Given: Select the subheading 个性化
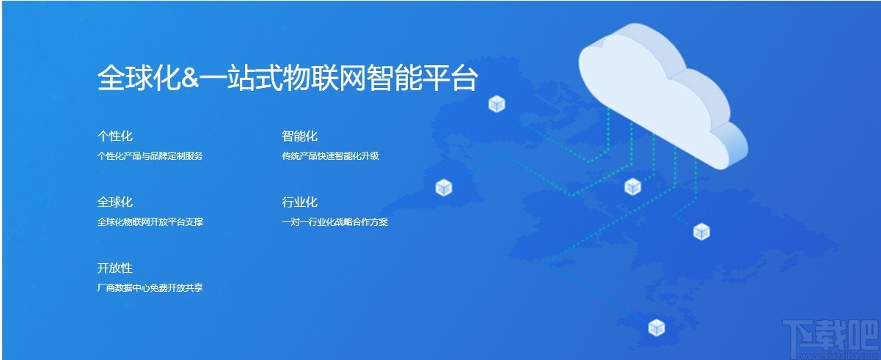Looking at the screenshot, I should point(115,136).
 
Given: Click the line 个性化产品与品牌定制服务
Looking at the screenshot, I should point(150,155).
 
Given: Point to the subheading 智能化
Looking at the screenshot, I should point(299,136).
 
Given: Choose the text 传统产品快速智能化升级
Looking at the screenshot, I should point(330,155).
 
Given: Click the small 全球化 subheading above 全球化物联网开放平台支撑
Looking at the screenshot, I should point(115,202).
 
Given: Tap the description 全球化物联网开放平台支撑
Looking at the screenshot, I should point(150,221).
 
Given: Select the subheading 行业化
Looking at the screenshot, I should point(299,202).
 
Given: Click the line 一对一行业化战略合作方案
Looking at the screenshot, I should point(335,221).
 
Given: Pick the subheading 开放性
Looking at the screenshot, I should point(115,268).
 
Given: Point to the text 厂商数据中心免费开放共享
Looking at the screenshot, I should point(150,287).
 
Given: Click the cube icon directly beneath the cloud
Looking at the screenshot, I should point(633,187).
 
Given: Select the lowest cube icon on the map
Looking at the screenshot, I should point(657,327).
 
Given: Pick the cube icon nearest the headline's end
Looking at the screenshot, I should point(497,104).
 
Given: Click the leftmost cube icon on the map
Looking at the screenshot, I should point(444,188).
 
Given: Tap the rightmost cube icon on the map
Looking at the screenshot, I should point(702,232).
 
